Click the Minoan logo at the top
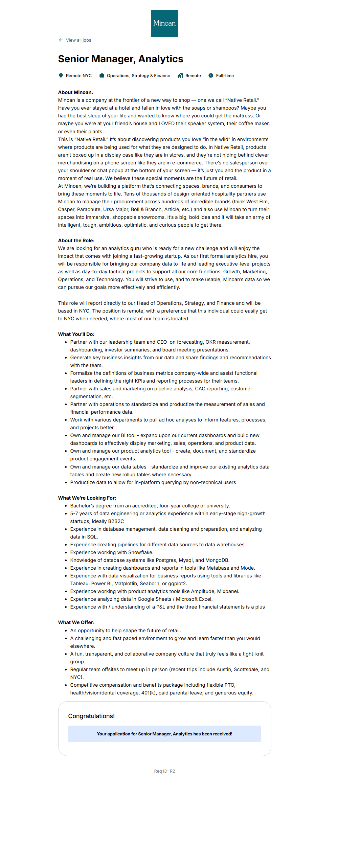pos(164,23)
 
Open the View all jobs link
pos(78,40)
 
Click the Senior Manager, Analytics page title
pos(120,59)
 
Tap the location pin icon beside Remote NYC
pos(61,75)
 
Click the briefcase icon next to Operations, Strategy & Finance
pos(102,75)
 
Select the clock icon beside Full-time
pos(211,75)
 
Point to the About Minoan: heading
pos(75,92)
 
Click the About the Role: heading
pos(76,241)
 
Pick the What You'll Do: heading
pos(76,334)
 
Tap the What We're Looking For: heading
pos(87,498)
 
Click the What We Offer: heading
pos(76,622)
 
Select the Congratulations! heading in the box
pos(91,716)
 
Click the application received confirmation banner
pos(164,734)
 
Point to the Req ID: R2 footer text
pos(164,771)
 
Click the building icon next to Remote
pos(180,75)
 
